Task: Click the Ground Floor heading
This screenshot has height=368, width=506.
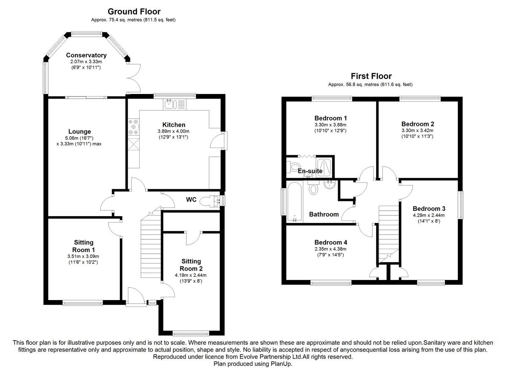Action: click(x=134, y=11)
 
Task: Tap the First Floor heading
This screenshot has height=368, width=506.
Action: click(x=371, y=76)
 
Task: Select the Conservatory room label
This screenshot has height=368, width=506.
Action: click(x=86, y=55)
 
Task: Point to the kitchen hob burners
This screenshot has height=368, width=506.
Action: click(x=134, y=127)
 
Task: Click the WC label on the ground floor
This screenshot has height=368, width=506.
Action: click(x=191, y=199)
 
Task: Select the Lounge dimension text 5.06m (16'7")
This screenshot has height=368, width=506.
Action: click(x=79, y=138)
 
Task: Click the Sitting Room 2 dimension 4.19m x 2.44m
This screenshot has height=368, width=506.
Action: click(x=191, y=275)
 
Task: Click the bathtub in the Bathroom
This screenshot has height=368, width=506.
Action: click(x=295, y=201)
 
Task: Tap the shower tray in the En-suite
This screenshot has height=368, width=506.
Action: click(x=324, y=167)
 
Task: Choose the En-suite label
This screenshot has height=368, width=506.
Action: click(x=310, y=171)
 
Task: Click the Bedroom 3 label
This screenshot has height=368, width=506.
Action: click(x=429, y=208)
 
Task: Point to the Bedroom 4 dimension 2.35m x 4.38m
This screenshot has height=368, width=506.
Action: click(x=331, y=249)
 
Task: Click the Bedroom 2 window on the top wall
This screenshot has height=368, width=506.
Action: click(x=420, y=99)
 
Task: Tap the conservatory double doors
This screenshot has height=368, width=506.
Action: click(x=134, y=78)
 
